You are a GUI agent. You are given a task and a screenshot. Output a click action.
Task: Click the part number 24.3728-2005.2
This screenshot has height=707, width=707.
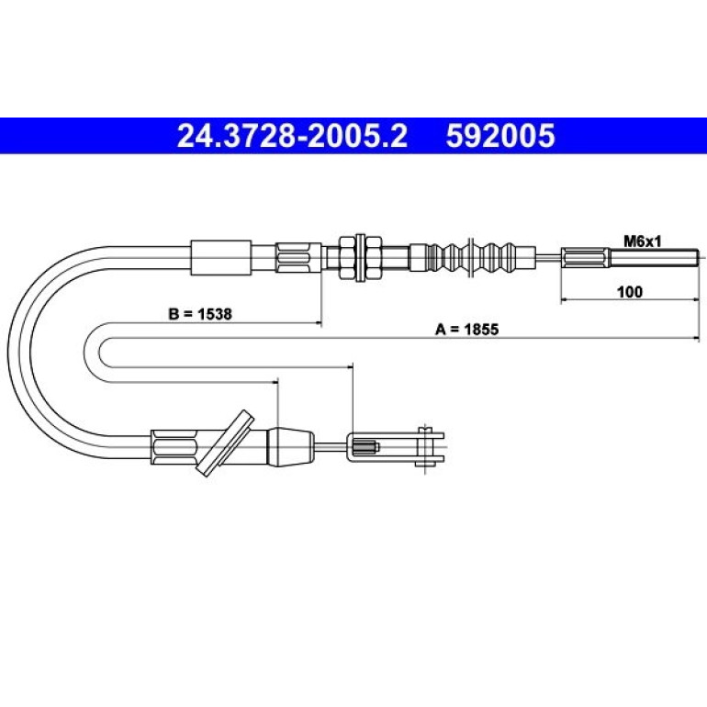[x=292, y=136]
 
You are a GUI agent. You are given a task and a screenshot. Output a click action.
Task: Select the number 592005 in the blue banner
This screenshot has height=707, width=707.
[x=500, y=136]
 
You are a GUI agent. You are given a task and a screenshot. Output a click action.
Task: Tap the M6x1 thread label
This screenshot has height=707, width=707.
[x=642, y=241]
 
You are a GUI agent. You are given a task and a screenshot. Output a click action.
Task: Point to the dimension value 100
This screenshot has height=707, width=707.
[x=630, y=292]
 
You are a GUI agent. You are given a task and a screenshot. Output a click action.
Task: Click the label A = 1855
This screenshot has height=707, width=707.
[x=466, y=329]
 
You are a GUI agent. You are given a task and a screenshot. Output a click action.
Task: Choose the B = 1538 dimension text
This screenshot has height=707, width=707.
[x=200, y=314]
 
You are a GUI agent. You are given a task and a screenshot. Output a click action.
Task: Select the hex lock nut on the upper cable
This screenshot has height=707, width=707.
[x=360, y=258]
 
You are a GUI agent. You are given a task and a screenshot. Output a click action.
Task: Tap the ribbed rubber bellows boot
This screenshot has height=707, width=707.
[x=472, y=258]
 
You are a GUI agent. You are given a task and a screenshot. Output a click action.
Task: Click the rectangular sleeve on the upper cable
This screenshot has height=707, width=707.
[x=221, y=258]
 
